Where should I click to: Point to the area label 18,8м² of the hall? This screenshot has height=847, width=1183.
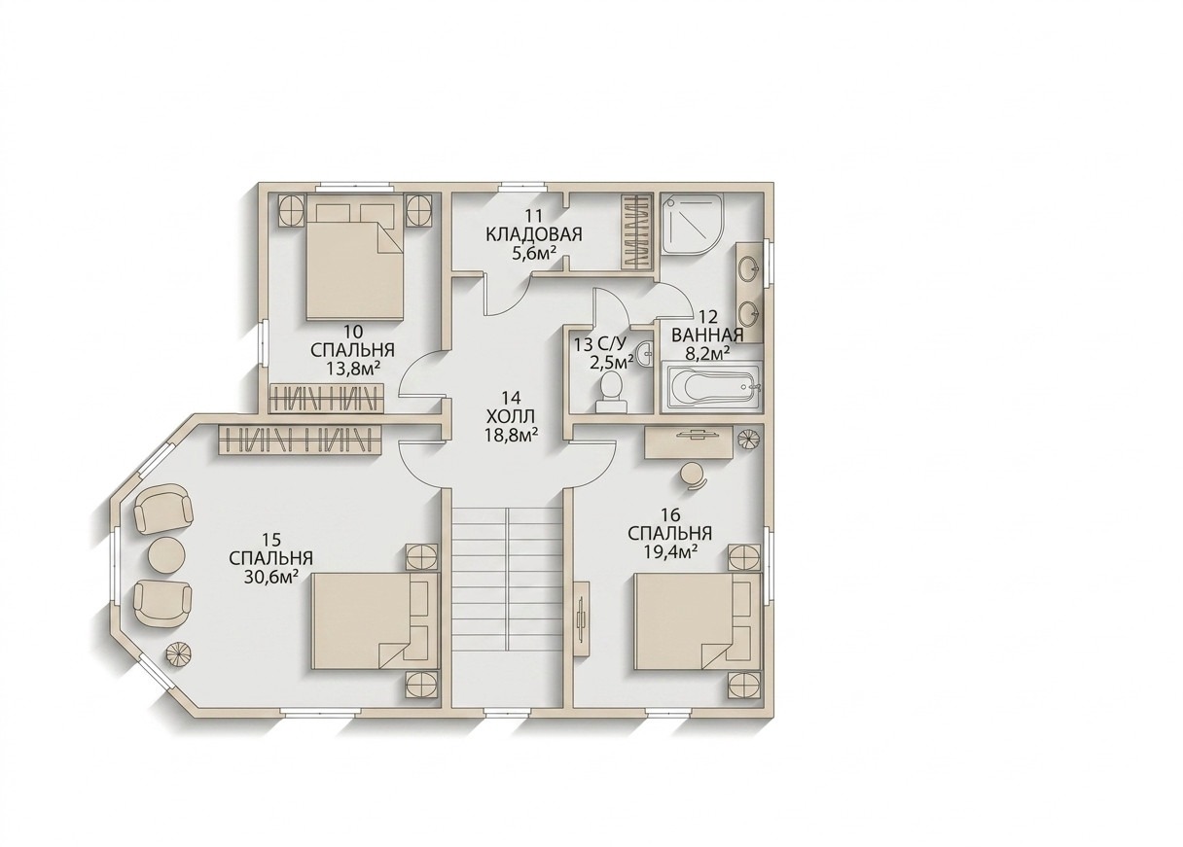pos(511,434)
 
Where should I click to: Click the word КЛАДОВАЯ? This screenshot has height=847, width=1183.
pos(533,234)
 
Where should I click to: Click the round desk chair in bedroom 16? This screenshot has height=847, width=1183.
pos(693,476)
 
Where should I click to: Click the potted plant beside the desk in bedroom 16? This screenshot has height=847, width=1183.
pos(749,438)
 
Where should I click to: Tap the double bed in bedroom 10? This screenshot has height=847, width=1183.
pos(355,263)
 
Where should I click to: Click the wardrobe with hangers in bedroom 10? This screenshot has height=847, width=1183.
pos(325,397)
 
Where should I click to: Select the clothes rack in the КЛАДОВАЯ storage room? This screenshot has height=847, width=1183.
pos(636,232)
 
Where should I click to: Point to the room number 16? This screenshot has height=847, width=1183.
pos(669,513)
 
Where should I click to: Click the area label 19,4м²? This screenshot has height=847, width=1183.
pos(668,551)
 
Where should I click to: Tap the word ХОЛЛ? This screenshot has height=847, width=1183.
pos(511,415)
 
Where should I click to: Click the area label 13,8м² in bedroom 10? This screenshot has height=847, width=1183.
pos(353,369)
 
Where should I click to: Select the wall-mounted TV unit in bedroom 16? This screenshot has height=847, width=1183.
pos(582,618)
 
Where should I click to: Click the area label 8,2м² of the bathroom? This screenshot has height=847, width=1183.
pos(707,353)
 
